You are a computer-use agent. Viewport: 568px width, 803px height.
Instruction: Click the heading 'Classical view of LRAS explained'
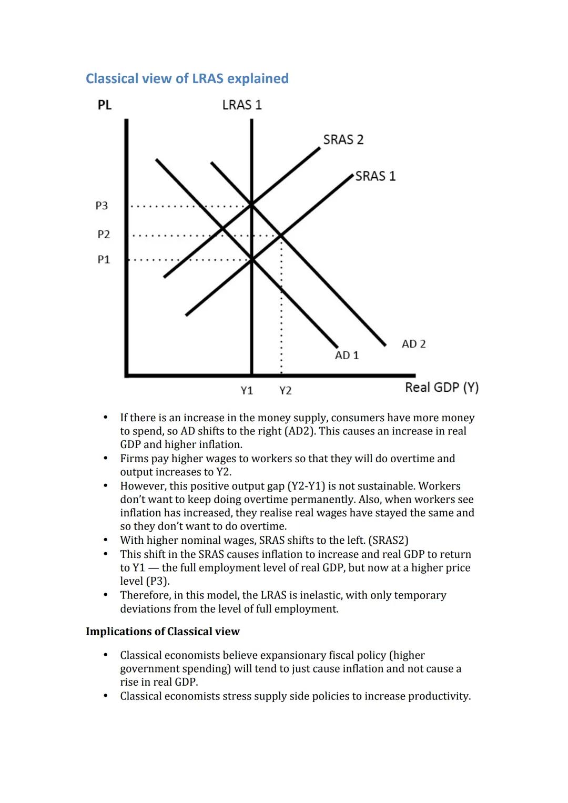pyautogui.click(x=187, y=78)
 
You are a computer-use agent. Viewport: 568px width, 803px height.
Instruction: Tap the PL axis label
pyautogui.click(x=104, y=105)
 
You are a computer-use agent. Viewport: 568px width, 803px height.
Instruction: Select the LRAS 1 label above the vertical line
pyautogui.click(x=242, y=105)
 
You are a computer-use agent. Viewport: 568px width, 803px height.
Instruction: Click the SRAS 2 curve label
pyautogui.click(x=343, y=140)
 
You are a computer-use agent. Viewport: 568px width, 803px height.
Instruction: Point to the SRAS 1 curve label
pyautogui.click(x=375, y=176)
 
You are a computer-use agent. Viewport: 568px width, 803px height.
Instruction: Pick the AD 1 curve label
pyautogui.click(x=347, y=355)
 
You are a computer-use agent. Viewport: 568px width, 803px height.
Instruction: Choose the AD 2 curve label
pyautogui.click(x=413, y=344)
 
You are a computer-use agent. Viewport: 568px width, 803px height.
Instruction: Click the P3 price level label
pyautogui.click(x=102, y=206)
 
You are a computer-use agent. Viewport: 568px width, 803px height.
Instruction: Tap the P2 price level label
pyautogui.click(x=104, y=235)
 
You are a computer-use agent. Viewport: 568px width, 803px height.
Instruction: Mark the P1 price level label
pyautogui.click(x=104, y=260)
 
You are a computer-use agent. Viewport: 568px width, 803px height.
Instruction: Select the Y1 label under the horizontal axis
pyautogui.click(x=247, y=391)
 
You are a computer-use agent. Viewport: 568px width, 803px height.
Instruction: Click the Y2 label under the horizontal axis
pyautogui.click(x=285, y=391)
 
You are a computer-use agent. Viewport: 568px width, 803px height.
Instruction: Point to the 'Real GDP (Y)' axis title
pyautogui.click(x=441, y=388)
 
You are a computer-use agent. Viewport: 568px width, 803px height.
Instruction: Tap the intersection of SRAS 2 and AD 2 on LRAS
pyautogui.click(x=251, y=204)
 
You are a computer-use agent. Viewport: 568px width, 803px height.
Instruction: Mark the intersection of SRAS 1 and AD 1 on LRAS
pyautogui.click(x=251, y=259)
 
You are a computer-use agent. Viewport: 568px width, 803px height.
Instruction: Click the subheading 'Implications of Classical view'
pyautogui.click(x=163, y=632)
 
